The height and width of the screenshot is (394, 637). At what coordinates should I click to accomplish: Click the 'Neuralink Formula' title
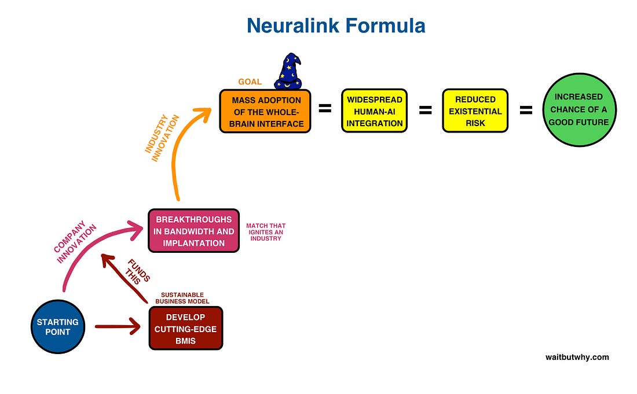click(x=336, y=25)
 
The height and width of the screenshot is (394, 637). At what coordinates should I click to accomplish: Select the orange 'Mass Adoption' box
click(x=265, y=111)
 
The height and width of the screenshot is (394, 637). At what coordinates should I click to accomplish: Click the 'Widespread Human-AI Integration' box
click(x=374, y=111)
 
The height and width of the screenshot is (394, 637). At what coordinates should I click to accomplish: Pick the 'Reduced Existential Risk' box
click(x=475, y=111)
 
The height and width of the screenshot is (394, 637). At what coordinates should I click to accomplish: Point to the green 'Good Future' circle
click(x=579, y=109)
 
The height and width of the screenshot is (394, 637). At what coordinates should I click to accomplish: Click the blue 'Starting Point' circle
click(x=58, y=327)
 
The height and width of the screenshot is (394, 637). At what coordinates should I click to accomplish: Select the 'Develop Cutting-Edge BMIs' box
click(x=186, y=328)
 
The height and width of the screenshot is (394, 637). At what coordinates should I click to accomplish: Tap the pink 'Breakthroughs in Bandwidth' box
click(x=194, y=231)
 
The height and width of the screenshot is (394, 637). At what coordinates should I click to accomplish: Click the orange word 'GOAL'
click(x=250, y=82)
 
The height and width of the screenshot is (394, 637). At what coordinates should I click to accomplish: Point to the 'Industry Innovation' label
click(x=162, y=138)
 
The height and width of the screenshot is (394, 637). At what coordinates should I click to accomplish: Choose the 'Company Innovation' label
click(x=75, y=242)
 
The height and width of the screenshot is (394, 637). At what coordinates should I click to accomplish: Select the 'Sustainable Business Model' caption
click(x=182, y=298)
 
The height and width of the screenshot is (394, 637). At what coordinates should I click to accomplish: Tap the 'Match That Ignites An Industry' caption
click(x=266, y=231)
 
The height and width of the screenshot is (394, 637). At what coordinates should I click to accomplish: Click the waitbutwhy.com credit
click(x=577, y=357)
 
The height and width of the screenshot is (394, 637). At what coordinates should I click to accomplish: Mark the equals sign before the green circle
click(x=526, y=109)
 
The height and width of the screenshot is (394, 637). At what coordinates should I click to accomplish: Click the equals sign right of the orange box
click(x=325, y=108)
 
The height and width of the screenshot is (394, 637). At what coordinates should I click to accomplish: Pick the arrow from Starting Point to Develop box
click(x=118, y=326)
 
